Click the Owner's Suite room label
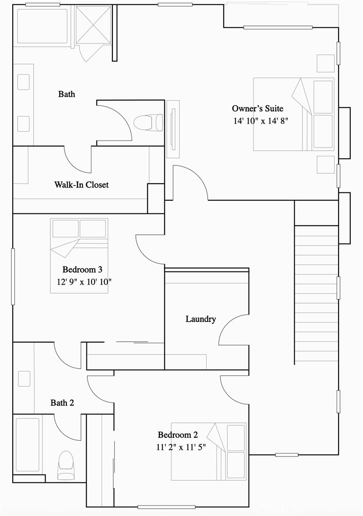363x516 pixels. (x=257, y=108)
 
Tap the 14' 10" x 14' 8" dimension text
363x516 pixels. (x=261, y=121)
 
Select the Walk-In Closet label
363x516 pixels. (x=81, y=185)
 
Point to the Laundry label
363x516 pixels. (x=200, y=319)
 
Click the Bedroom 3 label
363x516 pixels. (x=82, y=269)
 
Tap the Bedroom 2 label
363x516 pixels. (x=177, y=435)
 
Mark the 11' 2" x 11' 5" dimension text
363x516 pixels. (x=181, y=447)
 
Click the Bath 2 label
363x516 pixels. (x=62, y=403)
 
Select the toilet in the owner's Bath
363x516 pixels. (x=148, y=122)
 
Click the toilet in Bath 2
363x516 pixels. (x=65, y=466)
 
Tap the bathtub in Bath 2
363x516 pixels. (x=27, y=445)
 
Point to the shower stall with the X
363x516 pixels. (x=94, y=24)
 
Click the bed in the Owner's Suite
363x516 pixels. (x=294, y=114)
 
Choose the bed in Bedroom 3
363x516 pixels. (x=79, y=255)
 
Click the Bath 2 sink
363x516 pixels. (x=23, y=379)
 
